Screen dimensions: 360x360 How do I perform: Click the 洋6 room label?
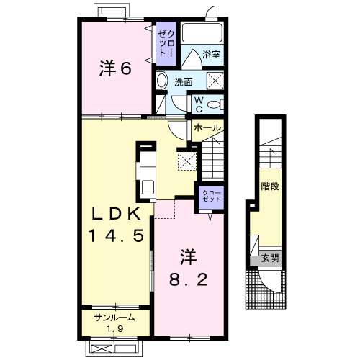click(x=115, y=68)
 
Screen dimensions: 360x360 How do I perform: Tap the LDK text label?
click(x=117, y=214)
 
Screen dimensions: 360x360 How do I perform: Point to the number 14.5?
click(x=117, y=235)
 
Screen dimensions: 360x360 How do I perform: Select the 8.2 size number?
click(x=189, y=279)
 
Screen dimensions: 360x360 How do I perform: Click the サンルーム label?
click(x=114, y=318)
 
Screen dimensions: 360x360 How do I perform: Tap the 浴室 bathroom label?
click(x=211, y=55)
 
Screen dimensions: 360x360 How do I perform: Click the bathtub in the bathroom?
click(x=202, y=33)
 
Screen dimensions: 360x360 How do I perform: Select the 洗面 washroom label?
click(x=184, y=82)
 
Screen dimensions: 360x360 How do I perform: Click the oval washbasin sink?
click(x=162, y=81)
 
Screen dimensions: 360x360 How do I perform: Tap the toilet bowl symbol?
click(x=215, y=104)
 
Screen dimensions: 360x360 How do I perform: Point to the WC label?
click(x=199, y=104)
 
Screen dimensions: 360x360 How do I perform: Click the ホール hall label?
click(x=207, y=127)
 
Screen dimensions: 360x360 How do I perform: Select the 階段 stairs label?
click(x=270, y=186)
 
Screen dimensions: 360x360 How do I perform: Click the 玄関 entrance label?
click(x=270, y=258)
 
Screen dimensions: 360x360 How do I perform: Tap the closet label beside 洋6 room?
click(x=166, y=43)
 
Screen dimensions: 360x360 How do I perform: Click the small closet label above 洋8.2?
click(x=212, y=196)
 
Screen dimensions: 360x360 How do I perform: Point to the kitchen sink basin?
click(x=148, y=187)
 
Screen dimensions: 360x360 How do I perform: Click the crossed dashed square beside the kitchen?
click(x=187, y=161)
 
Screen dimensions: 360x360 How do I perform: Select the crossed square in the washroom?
click(x=215, y=80)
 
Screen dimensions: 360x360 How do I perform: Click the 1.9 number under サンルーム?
click(x=115, y=328)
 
